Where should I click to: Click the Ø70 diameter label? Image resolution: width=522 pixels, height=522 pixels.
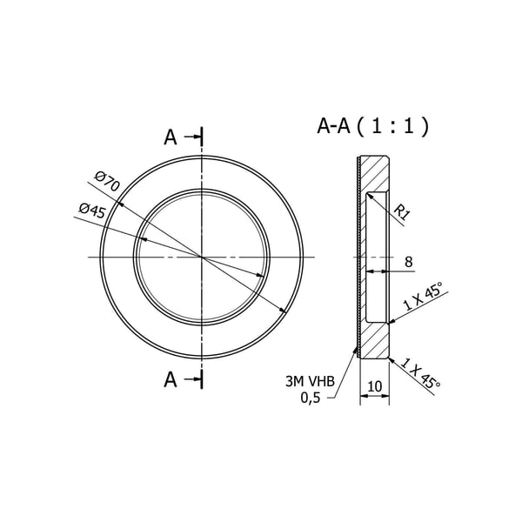pos(106,181)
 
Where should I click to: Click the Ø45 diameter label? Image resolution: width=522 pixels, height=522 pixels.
pos(92,211)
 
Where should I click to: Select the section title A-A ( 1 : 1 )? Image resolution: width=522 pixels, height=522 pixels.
pos(373,126)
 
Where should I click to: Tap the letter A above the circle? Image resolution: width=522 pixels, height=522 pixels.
pos(171,137)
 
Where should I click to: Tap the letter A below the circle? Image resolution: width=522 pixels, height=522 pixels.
pos(171,379)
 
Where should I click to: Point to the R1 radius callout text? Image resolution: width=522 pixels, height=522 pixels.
pos(402,212)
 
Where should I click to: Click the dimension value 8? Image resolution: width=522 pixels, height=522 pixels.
pos(409,262)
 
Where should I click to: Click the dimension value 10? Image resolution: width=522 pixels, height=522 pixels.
pos(375,386)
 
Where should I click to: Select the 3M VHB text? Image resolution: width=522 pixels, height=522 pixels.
pos(310,382)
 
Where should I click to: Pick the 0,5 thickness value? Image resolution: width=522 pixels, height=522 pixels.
pos(311,398)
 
